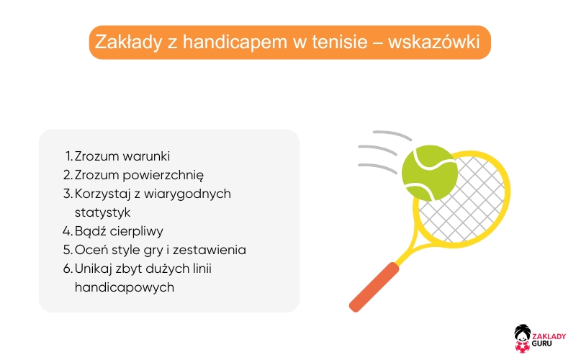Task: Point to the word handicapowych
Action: click(124, 287)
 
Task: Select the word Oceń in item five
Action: click(90, 250)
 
